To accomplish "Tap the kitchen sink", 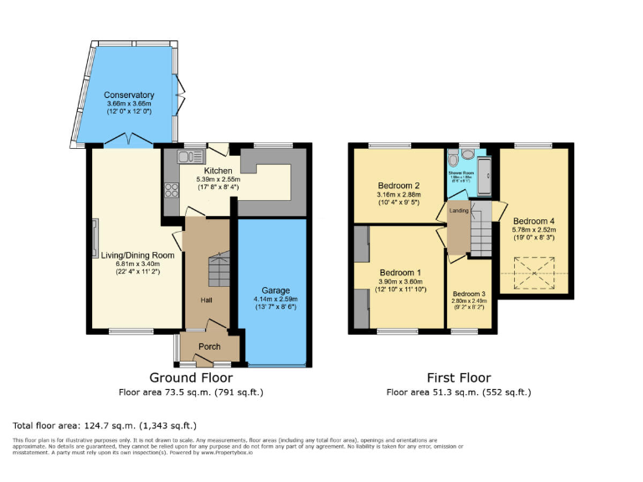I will (x=186, y=156).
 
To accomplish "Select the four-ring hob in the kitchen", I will (x=170, y=188).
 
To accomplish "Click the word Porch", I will (x=209, y=346).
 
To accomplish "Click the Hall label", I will (x=206, y=300).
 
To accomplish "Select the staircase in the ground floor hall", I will (x=218, y=269).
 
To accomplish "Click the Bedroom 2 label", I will (x=399, y=185).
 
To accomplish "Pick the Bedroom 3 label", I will (x=469, y=294).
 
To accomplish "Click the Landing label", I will (x=459, y=210).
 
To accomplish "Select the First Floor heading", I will (x=458, y=378).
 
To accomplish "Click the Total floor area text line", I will (x=105, y=424).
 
